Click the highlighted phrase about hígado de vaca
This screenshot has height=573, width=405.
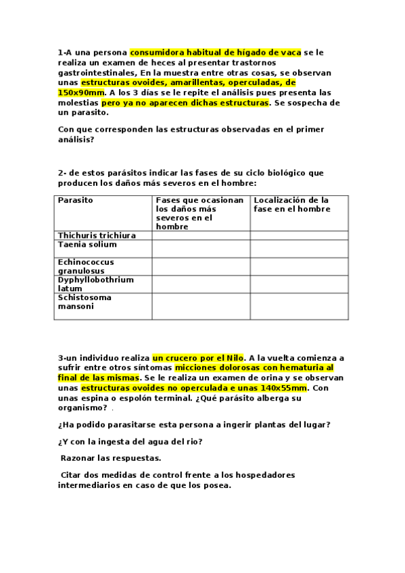tap(216, 51)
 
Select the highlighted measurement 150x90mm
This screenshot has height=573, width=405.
tap(81, 93)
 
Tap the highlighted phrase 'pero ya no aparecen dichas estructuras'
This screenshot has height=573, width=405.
tap(185, 103)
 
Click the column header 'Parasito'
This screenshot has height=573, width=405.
tap(76, 201)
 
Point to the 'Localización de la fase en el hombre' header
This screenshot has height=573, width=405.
tap(291, 205)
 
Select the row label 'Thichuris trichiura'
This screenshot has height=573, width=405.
tap(97, 235)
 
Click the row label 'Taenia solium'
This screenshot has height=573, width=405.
tap(87, 245)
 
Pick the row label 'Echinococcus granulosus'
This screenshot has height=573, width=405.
tap(86, 266)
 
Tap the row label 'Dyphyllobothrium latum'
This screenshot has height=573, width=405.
tap(95, 284)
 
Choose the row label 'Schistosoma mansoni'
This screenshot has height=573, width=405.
tap(85, 301)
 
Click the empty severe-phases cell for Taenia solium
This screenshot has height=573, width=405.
tap(200, 248)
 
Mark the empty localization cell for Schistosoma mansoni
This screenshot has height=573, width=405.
tap(299, 305)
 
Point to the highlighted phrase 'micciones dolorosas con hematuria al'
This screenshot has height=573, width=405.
tap(254, 368)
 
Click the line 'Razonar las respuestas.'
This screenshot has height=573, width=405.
tap(101, 457)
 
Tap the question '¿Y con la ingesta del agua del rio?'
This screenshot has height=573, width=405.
tap(130, 442)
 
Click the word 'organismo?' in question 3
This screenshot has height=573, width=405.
tap(82, 407)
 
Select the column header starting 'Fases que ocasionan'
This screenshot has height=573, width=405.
tap(199, 214)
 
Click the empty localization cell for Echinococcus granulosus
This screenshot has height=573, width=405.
tap(299, 266)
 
